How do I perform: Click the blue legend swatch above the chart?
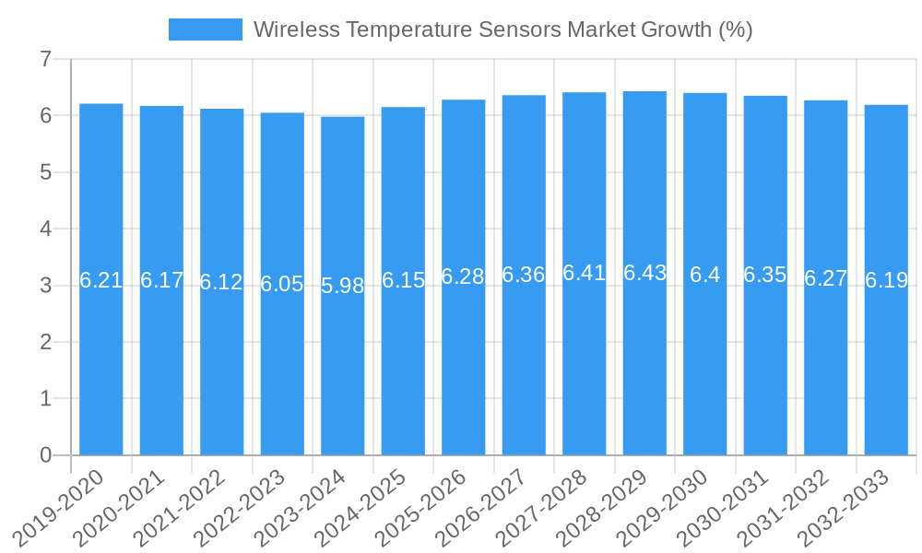tap(205, 29)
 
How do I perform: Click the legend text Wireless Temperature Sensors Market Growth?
tap(502, 29)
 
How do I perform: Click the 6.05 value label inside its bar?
tap(282, 284)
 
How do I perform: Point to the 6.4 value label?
tap(705, 275)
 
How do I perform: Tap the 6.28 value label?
tap(463, 276)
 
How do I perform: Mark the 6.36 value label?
tap(524, 275)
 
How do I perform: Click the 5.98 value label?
tap(343, 286)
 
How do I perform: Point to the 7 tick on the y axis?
tap(45, 60)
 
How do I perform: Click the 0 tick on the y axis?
tap(45, 455)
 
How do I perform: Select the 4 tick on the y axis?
tap(45, 229)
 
